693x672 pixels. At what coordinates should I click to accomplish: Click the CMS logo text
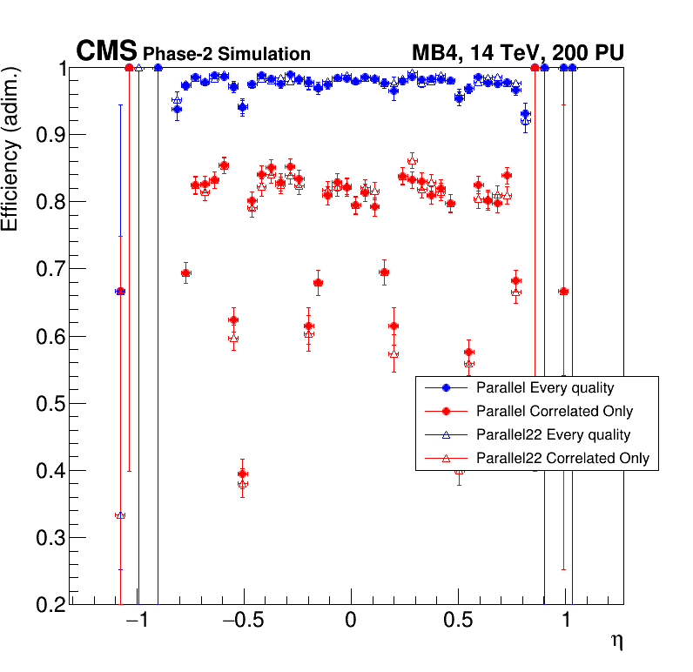pyautogui.click(x=106, y=51)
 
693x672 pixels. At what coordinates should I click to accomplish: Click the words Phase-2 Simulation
pyautogui.click(x=226, y=54)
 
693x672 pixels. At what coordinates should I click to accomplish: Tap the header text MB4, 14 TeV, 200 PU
pyautogui.click(x=517, y=53)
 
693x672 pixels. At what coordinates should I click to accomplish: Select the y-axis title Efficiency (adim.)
pyautogui.click(x=12, y=150)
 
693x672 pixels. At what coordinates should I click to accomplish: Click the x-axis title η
pyautogui.click(x=616, y=642)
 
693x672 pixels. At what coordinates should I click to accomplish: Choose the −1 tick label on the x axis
pyautogui.click(x=131, y=621)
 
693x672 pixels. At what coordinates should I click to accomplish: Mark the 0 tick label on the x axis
pyautogui.click(x=351, y=621)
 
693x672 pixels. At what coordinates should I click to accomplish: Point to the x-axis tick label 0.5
pyautogui.click(x=458, y=621)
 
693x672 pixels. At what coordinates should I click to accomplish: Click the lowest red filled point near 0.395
pyautogui.click(x=243, y=474)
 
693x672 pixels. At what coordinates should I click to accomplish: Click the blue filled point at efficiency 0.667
pyautogui.click(x=120, y=291)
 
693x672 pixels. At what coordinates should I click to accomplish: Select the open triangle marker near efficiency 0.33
pyautogui.click(x=120, y=515)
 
